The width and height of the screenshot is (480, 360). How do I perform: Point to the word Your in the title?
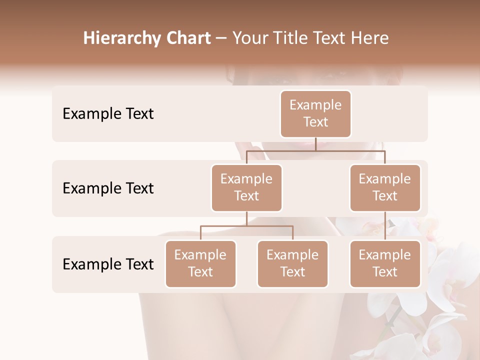249,38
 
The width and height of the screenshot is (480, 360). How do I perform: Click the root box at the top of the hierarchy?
315,113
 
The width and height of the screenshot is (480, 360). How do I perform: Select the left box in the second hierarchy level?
246,187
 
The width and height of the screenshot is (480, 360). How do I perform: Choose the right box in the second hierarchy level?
385,187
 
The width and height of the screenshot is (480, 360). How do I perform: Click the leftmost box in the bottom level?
200,263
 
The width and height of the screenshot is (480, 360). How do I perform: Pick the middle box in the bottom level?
292,263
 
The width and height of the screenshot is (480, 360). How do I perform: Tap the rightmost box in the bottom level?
385,263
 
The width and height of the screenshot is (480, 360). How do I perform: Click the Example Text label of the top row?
108,113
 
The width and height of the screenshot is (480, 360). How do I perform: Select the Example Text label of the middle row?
108,188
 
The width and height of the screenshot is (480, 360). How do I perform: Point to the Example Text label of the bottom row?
108,264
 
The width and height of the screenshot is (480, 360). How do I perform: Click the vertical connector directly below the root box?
315,144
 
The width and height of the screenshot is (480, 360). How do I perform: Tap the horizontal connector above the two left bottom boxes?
246,226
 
